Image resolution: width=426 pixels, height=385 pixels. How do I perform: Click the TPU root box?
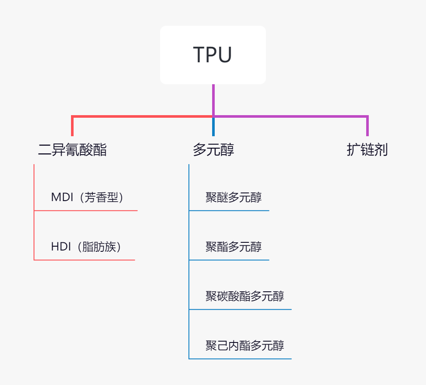pos(213,55)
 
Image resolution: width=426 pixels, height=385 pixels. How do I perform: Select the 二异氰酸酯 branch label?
pos(72,150)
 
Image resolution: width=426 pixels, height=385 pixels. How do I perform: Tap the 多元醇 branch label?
pos(213,150)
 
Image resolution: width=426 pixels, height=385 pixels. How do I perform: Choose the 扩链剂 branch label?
pos(367,150)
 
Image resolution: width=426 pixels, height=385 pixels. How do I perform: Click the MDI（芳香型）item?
pos(87,197)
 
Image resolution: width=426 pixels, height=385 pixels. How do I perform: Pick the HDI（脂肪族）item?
pos(86,247)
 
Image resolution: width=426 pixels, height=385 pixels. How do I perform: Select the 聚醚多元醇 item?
pos(233,197)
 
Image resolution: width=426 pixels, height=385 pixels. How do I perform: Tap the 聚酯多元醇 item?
pos(233,247)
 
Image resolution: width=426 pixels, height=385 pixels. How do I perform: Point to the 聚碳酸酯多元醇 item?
pos(244,296)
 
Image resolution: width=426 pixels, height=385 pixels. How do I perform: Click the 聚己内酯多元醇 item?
pos(244,345)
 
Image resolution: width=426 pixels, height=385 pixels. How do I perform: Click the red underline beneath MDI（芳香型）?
pos(86,210)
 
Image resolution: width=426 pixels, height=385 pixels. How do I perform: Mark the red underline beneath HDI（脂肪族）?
pos(84,260)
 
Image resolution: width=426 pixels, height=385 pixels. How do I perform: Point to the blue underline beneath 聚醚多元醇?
pos(229,210)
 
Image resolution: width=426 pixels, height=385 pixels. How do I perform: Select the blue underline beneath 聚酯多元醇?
pos(229,260)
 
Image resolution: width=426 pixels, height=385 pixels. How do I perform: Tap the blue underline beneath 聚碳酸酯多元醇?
pos(240,309)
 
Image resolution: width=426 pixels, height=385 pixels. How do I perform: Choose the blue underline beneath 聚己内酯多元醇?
pos(240,359)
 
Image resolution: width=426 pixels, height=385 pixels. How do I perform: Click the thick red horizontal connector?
pos(142,116)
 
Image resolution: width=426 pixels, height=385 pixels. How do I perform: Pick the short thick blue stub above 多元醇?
pos(213,127)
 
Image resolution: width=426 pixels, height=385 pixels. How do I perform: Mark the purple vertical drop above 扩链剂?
pos(367,125)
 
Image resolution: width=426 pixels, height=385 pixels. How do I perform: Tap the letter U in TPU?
pos(224,55)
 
